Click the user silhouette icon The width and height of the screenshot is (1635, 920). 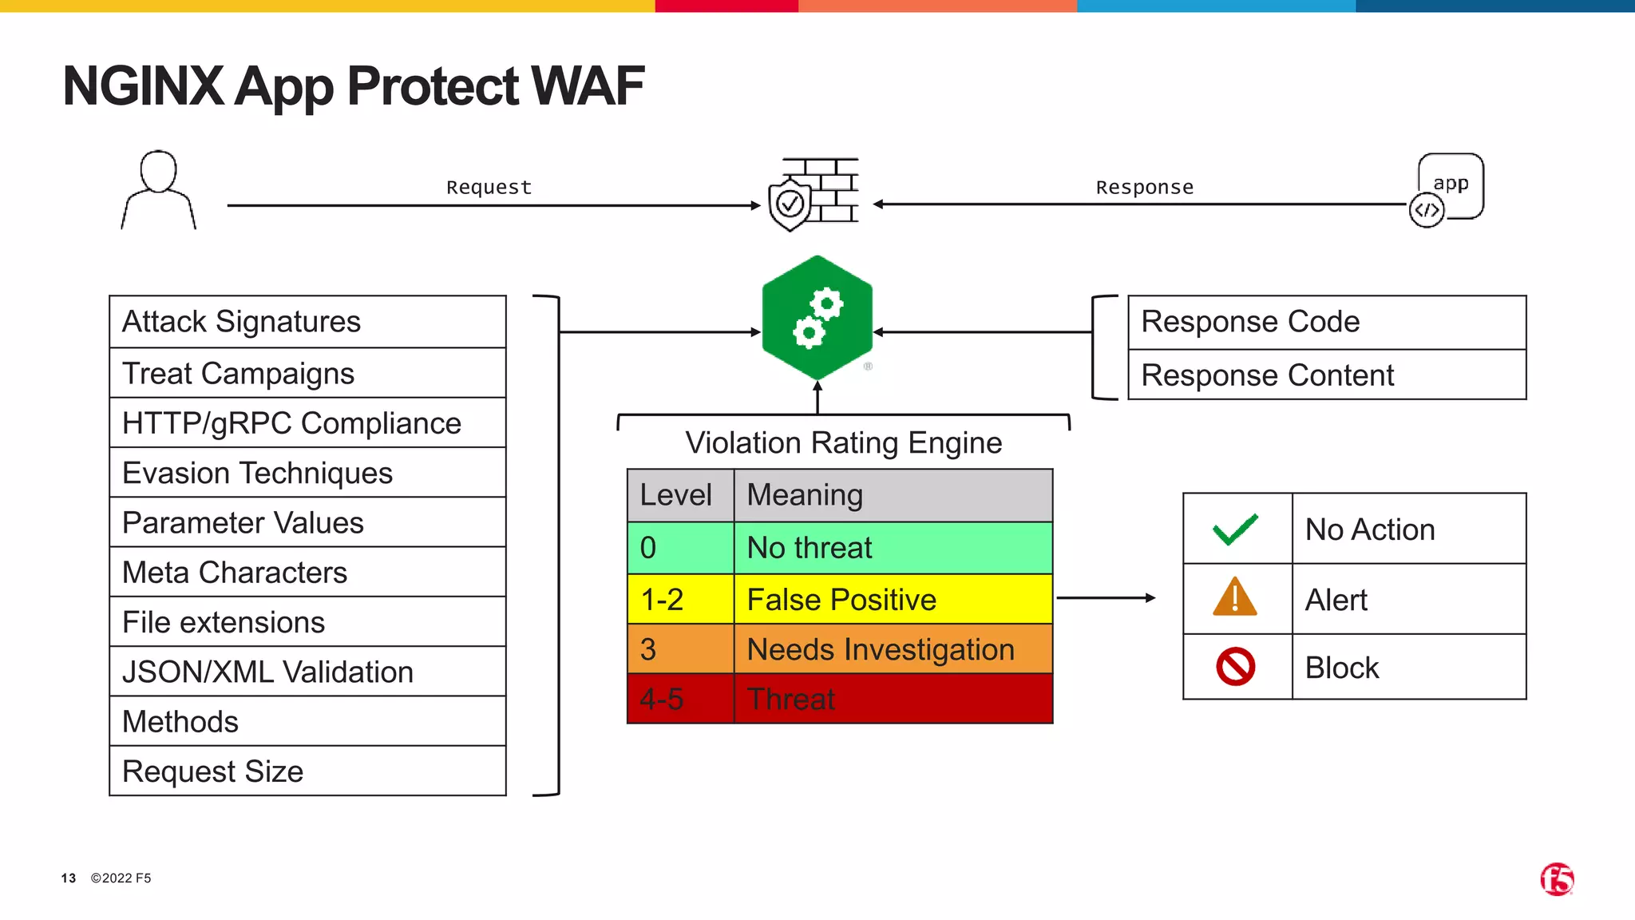(158, 190)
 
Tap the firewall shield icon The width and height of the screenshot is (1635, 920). (813, 194)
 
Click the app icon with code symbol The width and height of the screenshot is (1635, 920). (1447, 190)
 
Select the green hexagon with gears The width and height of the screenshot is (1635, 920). (817, 318)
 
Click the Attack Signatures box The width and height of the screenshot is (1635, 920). (307, 322)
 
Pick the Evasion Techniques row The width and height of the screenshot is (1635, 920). (307, 473)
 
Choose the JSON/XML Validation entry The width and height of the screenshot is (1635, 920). (307, 672)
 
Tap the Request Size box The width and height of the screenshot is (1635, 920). (307, 771)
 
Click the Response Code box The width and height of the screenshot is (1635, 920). (1326, 322)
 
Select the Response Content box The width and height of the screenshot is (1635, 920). (1326, 375)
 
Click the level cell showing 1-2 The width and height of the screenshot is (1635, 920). (679, 599)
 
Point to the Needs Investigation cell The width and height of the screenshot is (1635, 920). (892, 649)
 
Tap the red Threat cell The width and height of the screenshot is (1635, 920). (892, 700)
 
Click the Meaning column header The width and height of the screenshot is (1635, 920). (892, 495)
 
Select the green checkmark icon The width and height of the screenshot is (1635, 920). (1235, 529)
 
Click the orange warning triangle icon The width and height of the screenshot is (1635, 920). (1235, 597)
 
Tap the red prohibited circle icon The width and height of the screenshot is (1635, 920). (1235, 667)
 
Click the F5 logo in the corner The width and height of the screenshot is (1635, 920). (1557, 879)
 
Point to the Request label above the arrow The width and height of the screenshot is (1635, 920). (489, 187)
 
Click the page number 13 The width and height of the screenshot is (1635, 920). (69, 878)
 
